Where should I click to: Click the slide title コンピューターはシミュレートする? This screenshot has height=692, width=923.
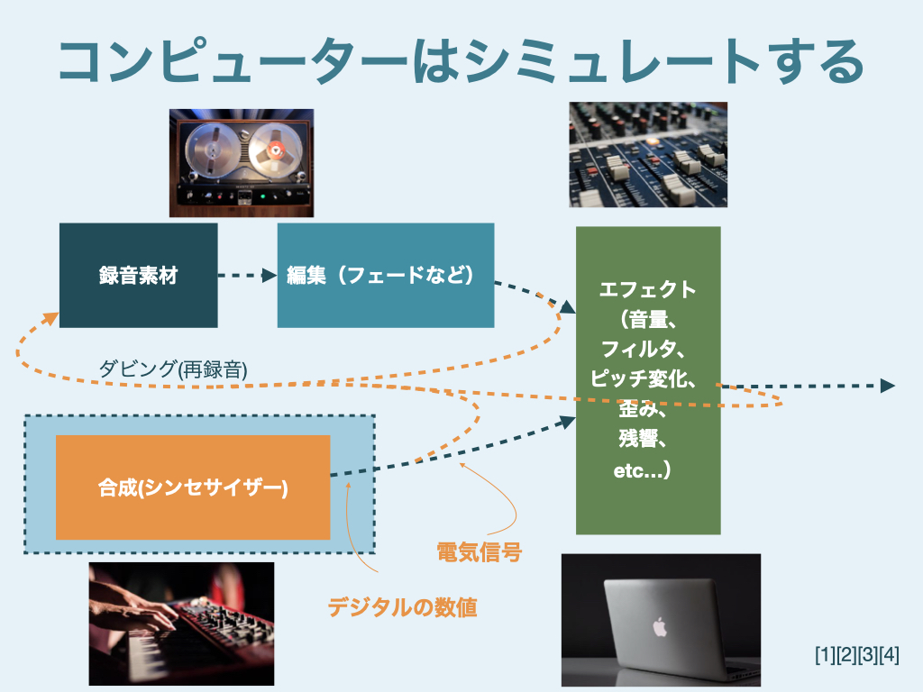tap(461, 61)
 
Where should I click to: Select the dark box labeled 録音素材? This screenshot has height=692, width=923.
tap(138, 275)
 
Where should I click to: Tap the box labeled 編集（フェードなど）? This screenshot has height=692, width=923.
tap(385, 275)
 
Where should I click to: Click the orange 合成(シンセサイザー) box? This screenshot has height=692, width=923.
tap(193, 487)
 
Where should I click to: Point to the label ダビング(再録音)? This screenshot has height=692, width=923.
tap(173, 369)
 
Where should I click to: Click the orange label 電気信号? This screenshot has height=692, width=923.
tap(479, 551)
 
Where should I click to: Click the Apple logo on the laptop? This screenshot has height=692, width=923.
tap(659, 625)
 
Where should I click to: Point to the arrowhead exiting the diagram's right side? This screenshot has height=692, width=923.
tap(887, 386)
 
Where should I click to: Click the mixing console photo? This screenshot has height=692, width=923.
tap(648, 154)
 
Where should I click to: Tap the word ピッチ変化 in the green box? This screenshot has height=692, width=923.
tap(641, 378)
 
